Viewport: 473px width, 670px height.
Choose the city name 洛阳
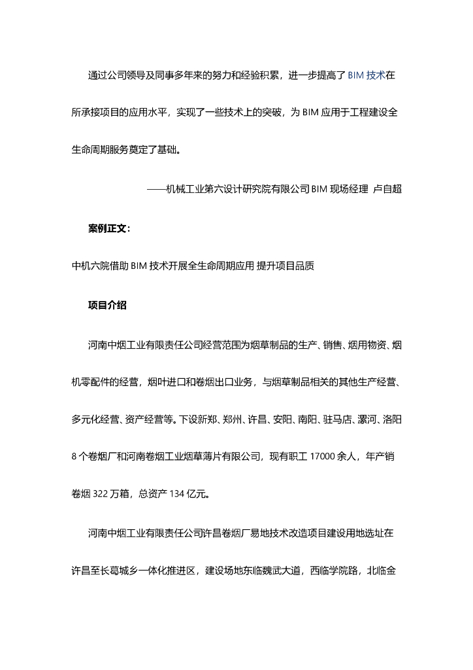(399, 418)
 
